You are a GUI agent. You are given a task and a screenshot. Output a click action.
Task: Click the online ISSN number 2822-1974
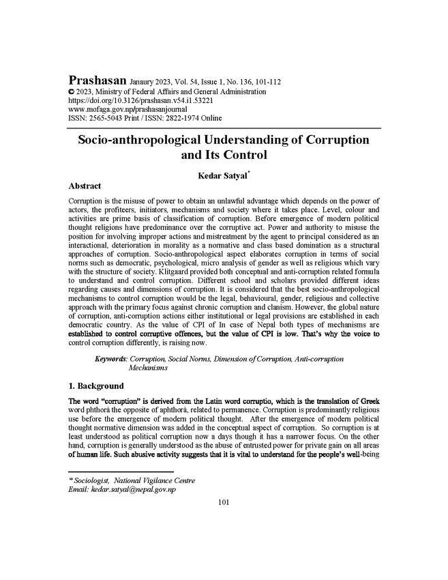[x=181, y=117]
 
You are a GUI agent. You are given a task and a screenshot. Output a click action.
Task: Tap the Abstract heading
[x=85, y=186]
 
